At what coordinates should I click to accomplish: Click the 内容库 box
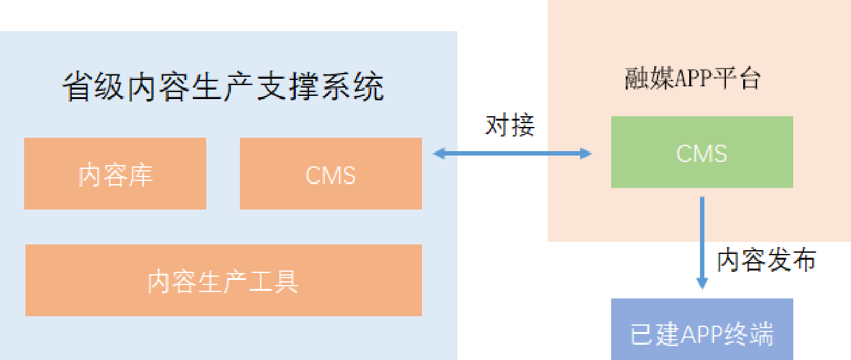tap(115, 173)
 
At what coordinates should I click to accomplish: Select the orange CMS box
tap(331, 173)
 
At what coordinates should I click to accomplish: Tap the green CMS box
tap(702, 152)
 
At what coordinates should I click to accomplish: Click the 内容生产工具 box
tap(223, 280)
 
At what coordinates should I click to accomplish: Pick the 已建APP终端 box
tap(702, 330)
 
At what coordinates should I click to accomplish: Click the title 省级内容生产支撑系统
tap(223, 87)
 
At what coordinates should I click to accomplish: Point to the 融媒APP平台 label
tap(692, 79)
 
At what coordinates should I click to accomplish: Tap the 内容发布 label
tap(767, 260)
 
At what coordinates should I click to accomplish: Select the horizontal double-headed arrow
tap(511, 153)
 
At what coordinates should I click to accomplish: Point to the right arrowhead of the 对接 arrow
tap(585, 153)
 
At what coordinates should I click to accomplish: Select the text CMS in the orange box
tap(331, 175)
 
